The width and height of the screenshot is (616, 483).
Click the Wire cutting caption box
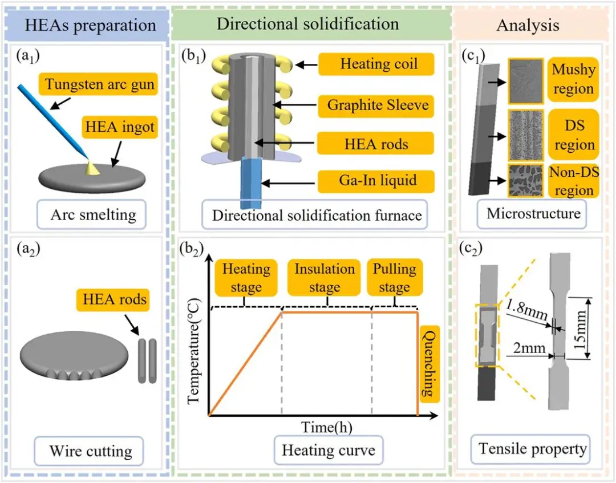[91, 451]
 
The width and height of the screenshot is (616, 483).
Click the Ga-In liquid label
[377, 181]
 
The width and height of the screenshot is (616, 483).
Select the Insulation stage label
[324, 278]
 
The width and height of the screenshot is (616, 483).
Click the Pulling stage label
[394, 278]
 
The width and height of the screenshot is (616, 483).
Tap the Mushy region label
[572, 79]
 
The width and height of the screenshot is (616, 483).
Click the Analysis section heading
[528, 25]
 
